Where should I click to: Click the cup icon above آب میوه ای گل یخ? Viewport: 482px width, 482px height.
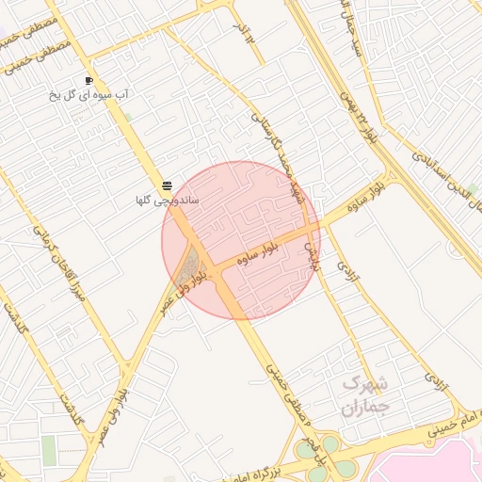click(88, 81)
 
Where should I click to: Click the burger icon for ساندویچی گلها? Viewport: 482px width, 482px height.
click(167, 185)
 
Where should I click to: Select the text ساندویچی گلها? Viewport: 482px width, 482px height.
click(156, 200)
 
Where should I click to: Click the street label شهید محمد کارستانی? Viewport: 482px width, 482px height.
click(275, 155)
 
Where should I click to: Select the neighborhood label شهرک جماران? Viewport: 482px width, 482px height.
click(364, 395)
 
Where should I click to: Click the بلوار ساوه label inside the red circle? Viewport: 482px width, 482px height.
click(259, 250)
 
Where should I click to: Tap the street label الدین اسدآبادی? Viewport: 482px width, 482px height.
click(446, 178)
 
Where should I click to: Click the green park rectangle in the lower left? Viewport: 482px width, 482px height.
click(49, 449)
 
